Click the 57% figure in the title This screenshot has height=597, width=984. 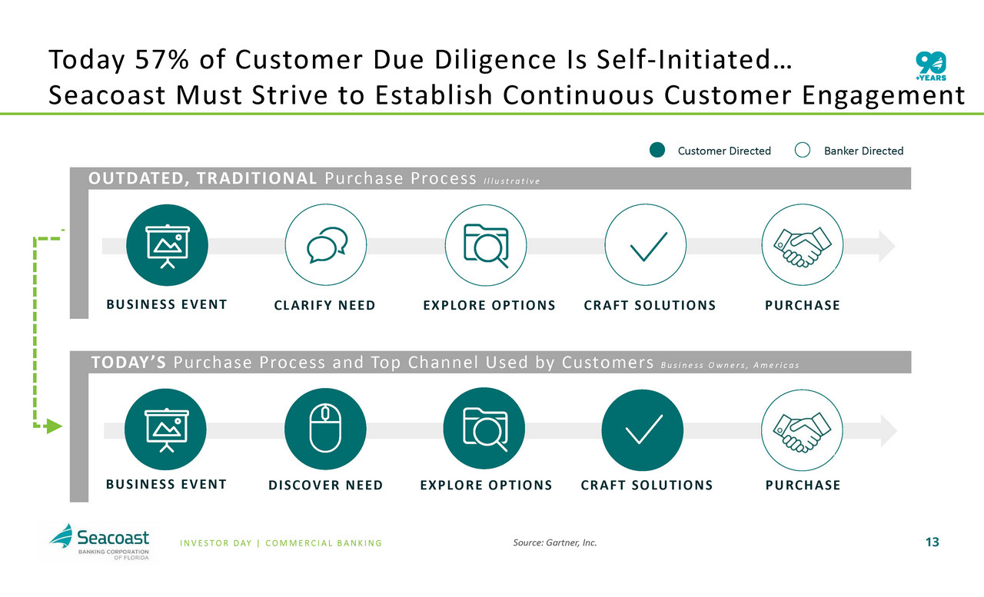click(161, 59)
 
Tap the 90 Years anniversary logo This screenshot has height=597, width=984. click(931, 66)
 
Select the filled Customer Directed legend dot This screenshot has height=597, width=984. click(657, 150)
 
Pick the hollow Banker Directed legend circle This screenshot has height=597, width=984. click(803, 150)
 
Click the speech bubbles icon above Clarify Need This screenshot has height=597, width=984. click(326, 244)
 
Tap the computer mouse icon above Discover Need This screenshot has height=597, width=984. click(325, 429)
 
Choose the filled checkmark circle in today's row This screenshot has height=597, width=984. click(643, 430)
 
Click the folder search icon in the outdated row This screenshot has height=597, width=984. click(486, 245)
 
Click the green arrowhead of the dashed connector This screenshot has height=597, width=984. click(54, 426)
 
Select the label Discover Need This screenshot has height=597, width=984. click(325, 485)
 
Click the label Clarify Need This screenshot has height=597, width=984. click(324, 305)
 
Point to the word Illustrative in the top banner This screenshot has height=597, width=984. click(512, 181)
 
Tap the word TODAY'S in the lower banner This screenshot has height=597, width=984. click(128, 362)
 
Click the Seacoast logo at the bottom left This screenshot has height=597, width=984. click(99, 542)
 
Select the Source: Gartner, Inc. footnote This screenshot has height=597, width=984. click(555, 542)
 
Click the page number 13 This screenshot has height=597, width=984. click(932, 542)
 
